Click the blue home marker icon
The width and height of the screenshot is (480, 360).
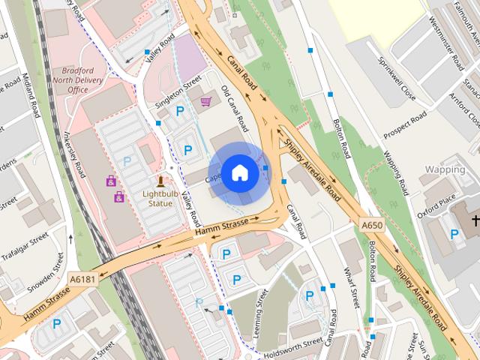(239, 172)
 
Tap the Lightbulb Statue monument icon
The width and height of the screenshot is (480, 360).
(160, 181)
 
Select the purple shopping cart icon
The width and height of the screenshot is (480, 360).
(205, 100)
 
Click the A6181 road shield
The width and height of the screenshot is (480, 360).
(82, 279)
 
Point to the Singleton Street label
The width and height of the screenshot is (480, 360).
(178, 91)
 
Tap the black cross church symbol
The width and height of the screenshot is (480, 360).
(473, 220)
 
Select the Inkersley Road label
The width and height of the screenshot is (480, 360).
(76, 154)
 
